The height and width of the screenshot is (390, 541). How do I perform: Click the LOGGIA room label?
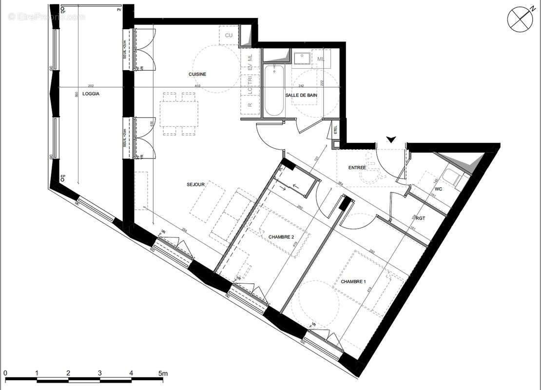(91, 94)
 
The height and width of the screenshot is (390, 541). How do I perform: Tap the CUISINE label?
(198, 74)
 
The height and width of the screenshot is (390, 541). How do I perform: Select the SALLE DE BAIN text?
(301, 96)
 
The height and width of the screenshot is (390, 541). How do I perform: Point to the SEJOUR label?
(195, 185)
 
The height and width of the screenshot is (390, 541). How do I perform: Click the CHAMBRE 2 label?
(281, 237)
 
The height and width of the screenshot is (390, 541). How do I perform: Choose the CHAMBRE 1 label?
(353, 282)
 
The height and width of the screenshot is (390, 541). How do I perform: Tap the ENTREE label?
(357, 168)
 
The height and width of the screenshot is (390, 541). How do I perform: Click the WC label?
(438, 189)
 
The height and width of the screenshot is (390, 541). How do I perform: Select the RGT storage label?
(421, 218)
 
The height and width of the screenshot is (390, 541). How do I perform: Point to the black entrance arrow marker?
(390, 140)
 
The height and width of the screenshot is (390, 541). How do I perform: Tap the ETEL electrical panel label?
(335, 130)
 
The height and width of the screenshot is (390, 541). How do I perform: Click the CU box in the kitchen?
(229, 35)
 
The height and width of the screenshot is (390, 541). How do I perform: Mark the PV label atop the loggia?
(118, 10)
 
